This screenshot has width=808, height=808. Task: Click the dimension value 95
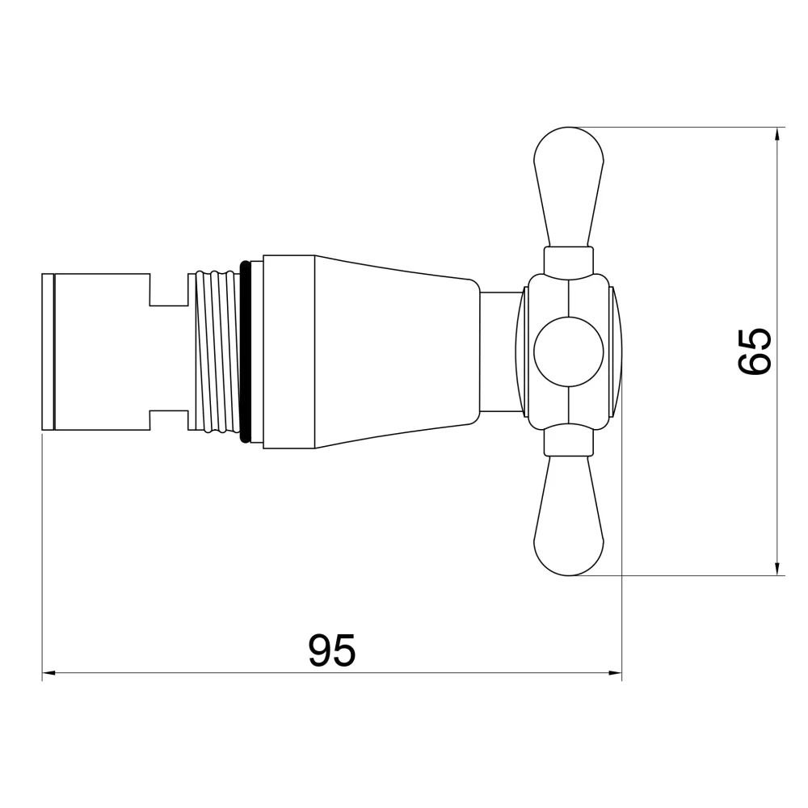[x=332, y=650]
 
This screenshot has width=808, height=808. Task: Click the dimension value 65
[x=755, y=351]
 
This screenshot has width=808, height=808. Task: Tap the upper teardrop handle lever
[x=569, y=187]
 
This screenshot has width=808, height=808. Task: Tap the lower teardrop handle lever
[x=569, y=516]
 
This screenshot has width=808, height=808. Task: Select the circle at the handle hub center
[x=569, y=351]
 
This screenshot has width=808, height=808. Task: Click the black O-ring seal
[x=246, y=351]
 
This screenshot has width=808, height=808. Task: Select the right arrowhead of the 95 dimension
[x=615, y=672]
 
